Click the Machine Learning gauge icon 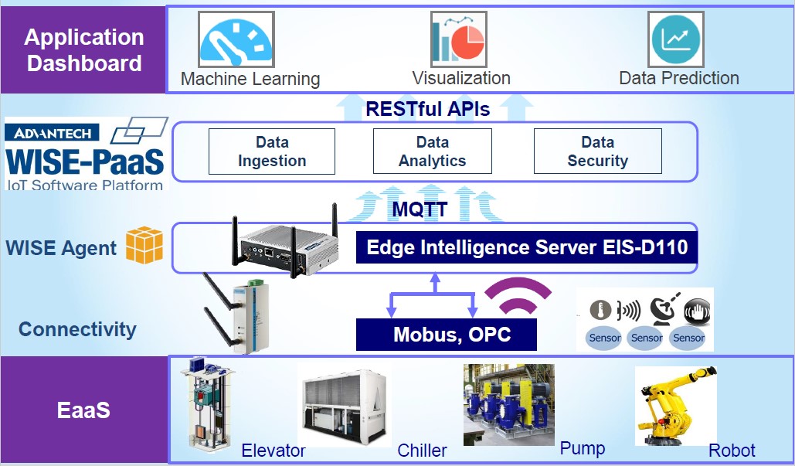(x=236, y=39)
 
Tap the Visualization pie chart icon (x=459, y=39)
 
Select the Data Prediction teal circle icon (x=676, y=39)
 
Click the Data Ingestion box (x=272, y=151)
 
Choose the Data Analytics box (x=433, y=151)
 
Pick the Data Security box (x=598, y=151)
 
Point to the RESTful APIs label (x=428, y=109)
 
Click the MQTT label (x=420, y=209)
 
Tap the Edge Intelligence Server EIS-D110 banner (x=527, y=247)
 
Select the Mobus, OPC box (x=447, y=334)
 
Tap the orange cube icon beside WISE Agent (x=144, y=245)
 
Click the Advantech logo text (x=53, y=133)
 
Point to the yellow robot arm (x=676, y=406)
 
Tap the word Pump (x=583, y=448)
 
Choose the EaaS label (x=83, y=410)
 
